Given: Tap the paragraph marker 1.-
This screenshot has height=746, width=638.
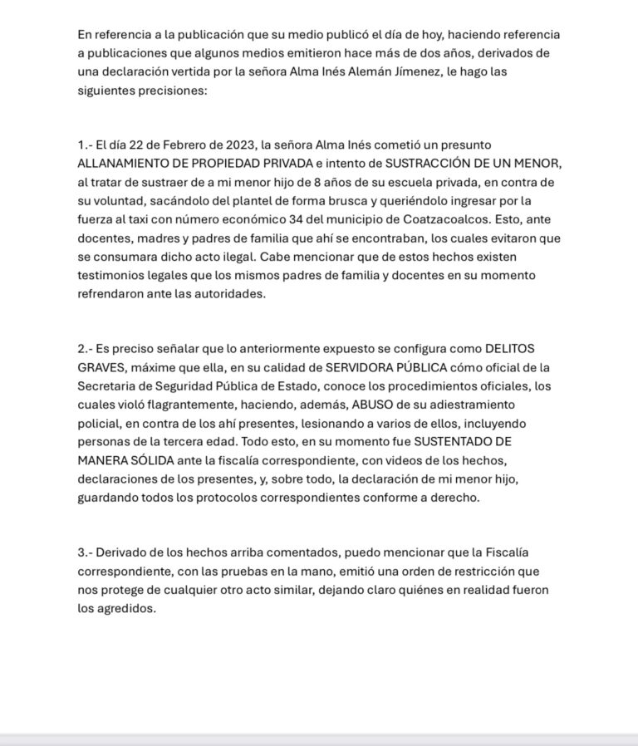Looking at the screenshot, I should [x=86, y=145].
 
